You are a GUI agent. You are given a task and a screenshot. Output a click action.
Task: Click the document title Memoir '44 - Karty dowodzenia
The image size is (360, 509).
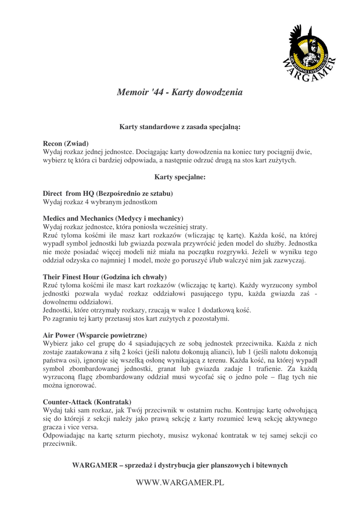click(180, 92)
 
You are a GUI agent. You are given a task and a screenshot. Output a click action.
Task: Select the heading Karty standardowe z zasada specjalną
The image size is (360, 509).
click(180, 127)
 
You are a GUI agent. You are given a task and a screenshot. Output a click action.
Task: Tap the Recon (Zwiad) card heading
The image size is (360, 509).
click(66, 144)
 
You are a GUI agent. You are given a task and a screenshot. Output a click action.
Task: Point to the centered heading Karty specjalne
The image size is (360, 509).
click(180, 176)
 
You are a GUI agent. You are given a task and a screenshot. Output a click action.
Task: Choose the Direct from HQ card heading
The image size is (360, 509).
click(108, 193)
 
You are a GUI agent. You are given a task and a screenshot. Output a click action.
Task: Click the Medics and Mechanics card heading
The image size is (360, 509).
click(113, 218)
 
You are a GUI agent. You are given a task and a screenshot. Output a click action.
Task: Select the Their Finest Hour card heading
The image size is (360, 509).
click(105, 276)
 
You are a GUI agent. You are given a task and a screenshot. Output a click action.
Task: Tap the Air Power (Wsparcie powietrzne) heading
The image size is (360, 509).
click(94, 335)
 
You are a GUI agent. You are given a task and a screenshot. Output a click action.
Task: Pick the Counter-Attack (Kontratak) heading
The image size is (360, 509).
click(87, 402)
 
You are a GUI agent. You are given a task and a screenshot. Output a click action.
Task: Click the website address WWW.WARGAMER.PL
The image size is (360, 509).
click(180, 483)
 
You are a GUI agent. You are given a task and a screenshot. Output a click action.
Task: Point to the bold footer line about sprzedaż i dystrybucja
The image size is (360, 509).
click(180, 465)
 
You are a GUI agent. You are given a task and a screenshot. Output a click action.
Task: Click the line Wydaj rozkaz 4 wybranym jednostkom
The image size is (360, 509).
click(100, 202)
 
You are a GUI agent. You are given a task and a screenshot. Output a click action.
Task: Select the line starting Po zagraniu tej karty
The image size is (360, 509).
click(136, 319)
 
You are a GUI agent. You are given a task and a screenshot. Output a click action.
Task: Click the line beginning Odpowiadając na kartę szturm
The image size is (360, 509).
click(180, 435)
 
